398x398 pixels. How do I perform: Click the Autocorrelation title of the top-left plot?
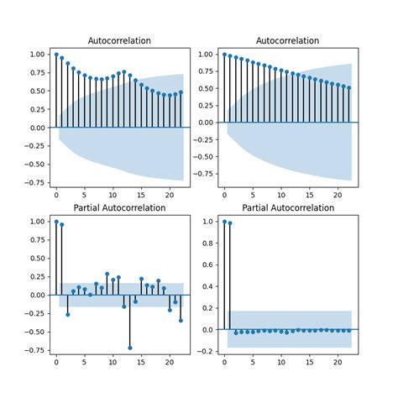119,40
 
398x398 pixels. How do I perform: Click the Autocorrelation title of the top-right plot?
287,40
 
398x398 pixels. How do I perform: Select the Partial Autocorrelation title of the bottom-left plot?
119,207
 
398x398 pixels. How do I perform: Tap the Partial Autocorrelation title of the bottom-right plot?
287,207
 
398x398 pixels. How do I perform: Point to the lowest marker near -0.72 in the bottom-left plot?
130,348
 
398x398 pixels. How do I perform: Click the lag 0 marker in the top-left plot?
56,55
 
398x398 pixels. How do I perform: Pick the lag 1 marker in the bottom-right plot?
230,223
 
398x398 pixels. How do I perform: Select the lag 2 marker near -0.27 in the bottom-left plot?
68,314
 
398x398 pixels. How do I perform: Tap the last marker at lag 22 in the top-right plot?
348,87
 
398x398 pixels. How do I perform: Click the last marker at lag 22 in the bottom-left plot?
181,320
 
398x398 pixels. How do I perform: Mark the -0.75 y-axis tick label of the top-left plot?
34,181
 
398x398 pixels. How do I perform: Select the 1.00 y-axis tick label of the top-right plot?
204,55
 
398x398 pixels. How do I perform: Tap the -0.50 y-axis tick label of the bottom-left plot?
34,332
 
